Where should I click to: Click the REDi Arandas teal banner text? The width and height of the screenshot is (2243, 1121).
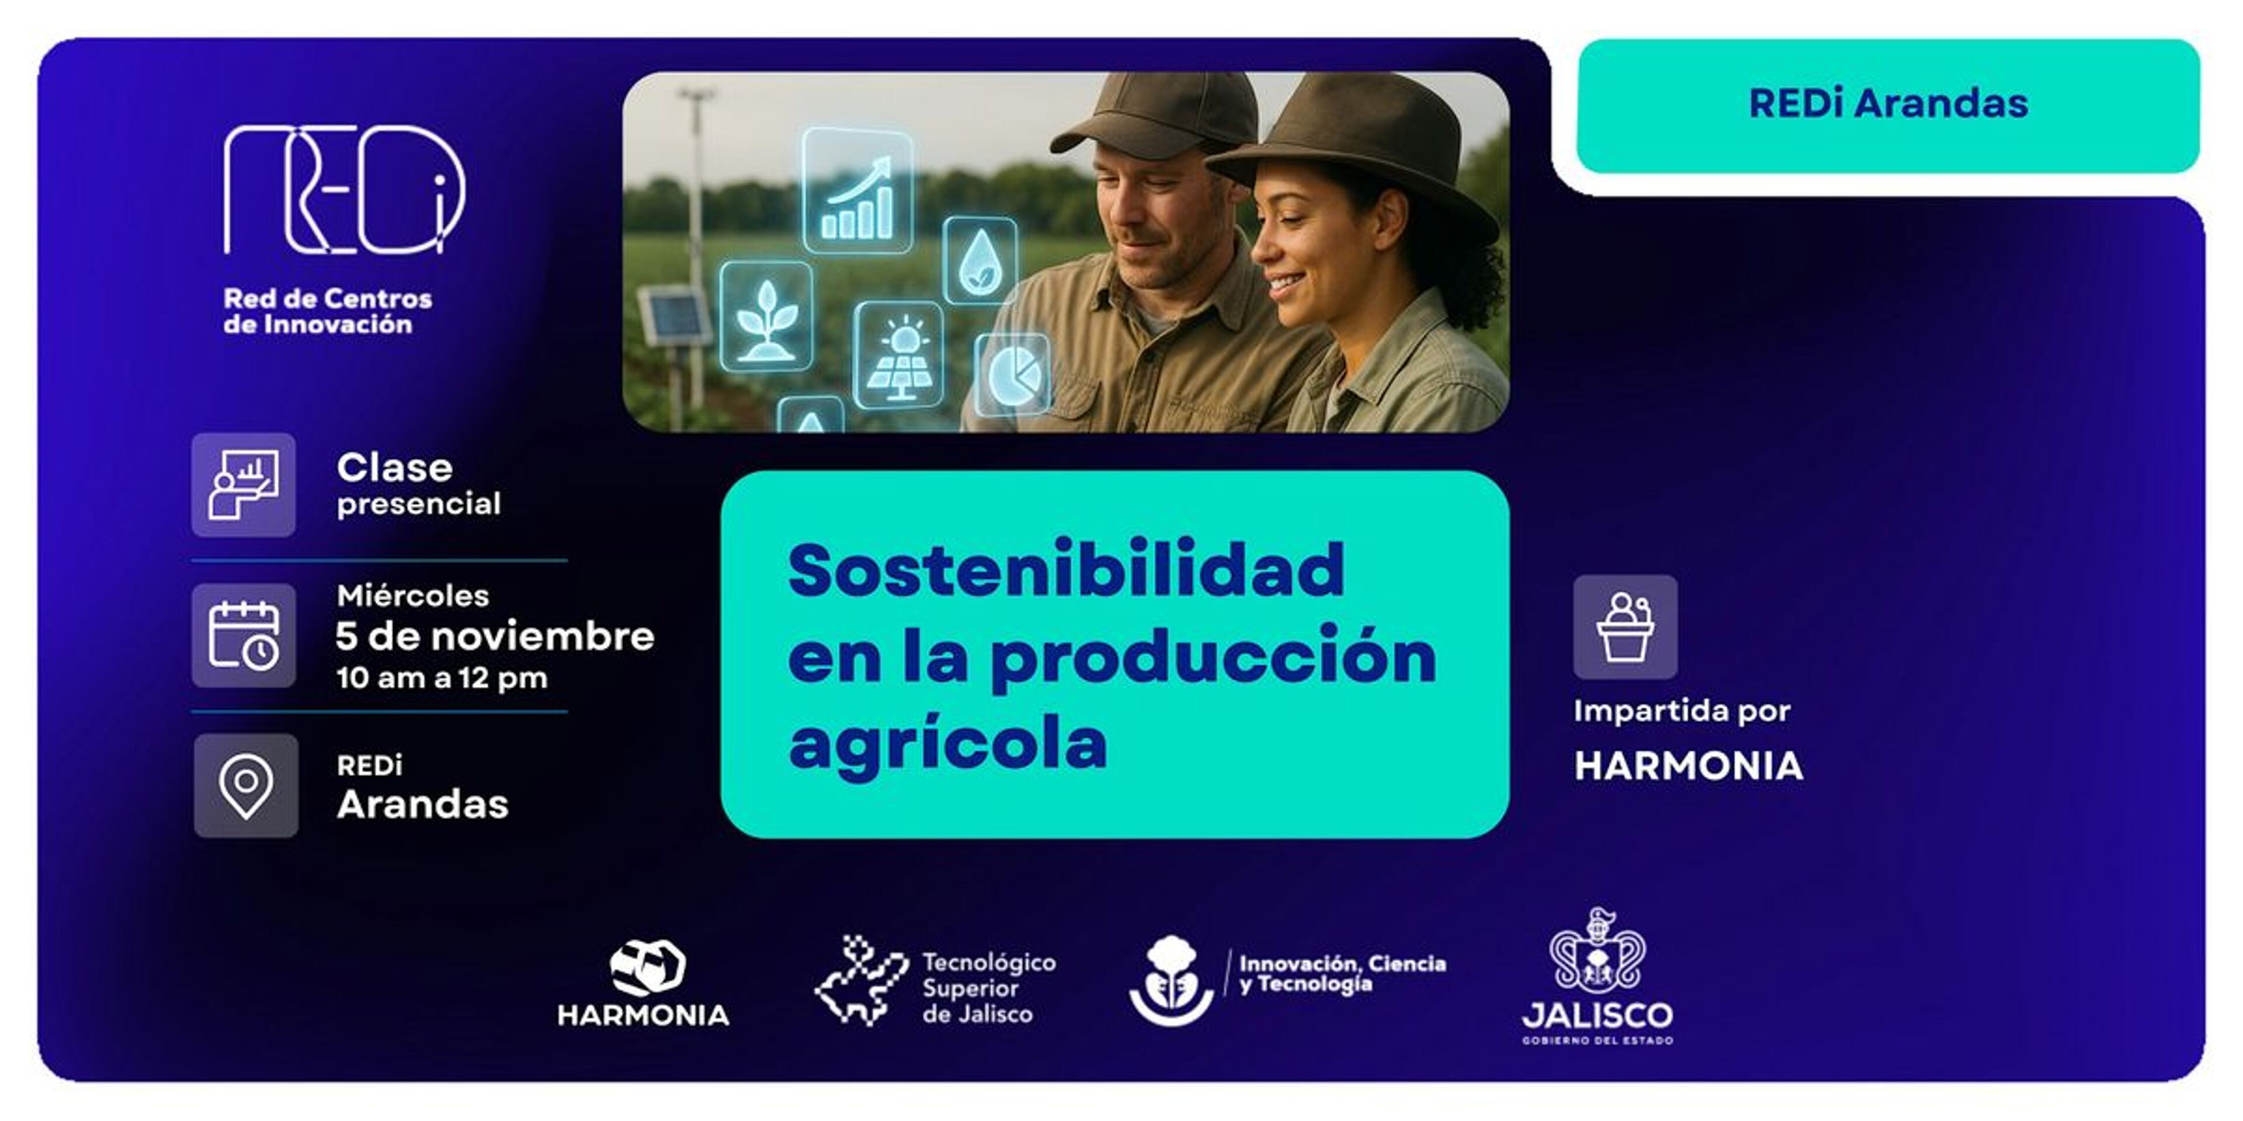tap(1888, 103)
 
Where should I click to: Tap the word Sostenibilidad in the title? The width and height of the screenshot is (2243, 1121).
tap(1066, 569)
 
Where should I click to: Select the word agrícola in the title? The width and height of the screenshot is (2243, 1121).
tap(947, 745)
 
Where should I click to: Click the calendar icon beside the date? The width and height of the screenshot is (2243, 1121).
tap(244, 635)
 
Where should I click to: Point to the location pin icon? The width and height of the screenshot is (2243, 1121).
tap(245, 785)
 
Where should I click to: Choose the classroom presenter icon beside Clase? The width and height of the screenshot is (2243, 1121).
tap(244, 485)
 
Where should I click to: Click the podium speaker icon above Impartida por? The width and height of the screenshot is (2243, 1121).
tap(1625, 626)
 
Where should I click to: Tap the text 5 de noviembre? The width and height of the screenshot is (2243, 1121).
tap(495, 636)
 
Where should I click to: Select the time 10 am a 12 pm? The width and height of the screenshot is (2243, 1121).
tap(442, 678)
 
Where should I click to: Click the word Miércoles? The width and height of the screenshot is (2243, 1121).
tap(413, 596)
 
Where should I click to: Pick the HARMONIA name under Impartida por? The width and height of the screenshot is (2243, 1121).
tap(1688, 766)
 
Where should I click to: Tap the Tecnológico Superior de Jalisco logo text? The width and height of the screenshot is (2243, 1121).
tap(989, 988)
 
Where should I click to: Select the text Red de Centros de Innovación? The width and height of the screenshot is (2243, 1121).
tap(327, 311)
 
